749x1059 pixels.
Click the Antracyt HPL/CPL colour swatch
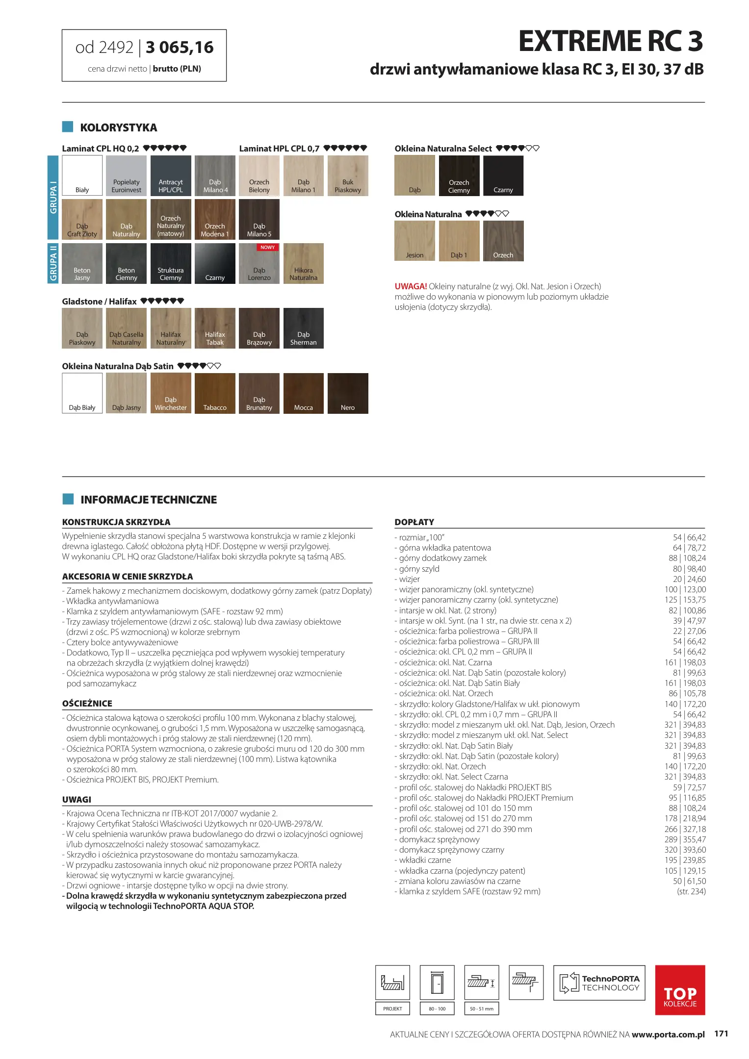[x=171, y=176]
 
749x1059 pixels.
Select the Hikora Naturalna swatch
[x=303, y=263]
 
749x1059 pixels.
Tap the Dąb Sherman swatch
[x=303, y=328]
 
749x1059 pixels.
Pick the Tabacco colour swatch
[x=215, y=393]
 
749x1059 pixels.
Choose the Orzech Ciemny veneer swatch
[x=459, y=176]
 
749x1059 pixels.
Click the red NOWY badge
[x=267, y=248]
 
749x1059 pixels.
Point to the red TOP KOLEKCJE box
[x=680, y=990]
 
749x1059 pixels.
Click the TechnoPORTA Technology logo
[x=599, y=983]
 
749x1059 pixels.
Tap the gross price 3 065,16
[x=180, y=48]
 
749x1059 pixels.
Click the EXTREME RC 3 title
[x=611, y=41]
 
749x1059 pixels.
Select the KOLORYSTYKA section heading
[x=118, y=128]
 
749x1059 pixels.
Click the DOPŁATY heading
[x=414, y=522]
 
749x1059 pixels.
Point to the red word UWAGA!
[x=411, y=286]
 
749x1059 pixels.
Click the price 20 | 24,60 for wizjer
[x=689, y=579]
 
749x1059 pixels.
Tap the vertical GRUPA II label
[x=53, y=263]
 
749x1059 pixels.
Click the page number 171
[x=721, y=1034]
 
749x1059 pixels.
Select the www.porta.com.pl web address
[x=668, y=1034]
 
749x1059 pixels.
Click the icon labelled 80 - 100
[x=437, y=983]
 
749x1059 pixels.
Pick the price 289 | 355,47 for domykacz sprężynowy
[x=685, y=839]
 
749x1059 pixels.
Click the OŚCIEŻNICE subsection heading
[x=87, y=704]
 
